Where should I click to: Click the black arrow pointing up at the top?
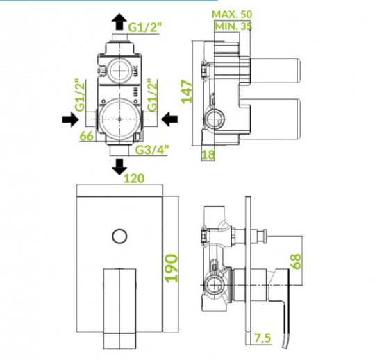(119, 22)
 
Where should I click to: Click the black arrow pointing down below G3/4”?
(119, 166)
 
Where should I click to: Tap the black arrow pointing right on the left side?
(71, 119)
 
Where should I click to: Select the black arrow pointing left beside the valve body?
(169, 119)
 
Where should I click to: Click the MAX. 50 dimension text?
(232, 14)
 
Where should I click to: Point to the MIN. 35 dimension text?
(233, 26)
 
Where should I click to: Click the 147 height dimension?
(187, 92)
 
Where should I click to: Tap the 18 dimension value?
(208, 154)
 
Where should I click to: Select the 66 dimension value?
(87, 136)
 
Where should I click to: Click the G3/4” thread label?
(152, 149)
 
